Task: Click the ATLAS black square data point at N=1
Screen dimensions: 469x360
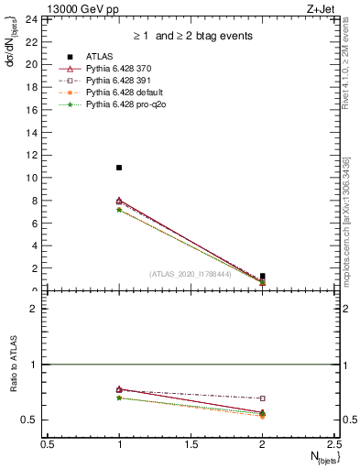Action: [x=119, y=168]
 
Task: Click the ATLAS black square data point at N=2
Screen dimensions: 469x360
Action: [x=262, y=276]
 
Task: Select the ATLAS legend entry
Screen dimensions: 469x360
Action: [x=100, y=56]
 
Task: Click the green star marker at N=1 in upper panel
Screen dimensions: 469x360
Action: [x=119, y=210]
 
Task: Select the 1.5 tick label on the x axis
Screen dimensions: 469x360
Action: [x=191, y=444]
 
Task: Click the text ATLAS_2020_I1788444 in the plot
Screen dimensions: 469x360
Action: [x=191, y=273]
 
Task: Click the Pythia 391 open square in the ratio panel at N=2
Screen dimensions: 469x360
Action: [x=262, y=398]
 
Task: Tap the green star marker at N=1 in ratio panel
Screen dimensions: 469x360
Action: [x=119, y=398]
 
